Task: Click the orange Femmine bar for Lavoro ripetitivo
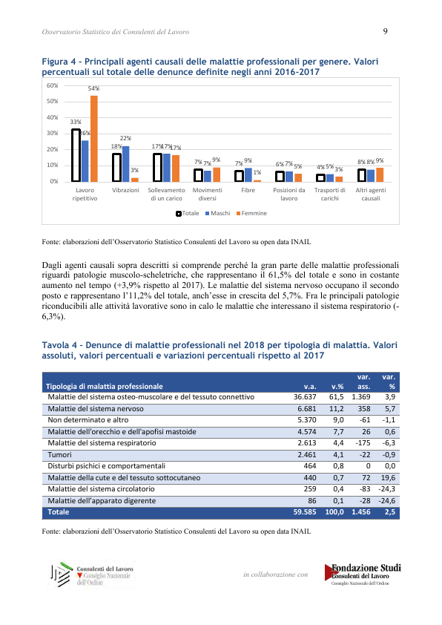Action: (x=94, y=139)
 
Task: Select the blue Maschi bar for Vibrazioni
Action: (x=125, y=164)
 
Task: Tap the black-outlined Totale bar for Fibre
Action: (x=239, y=176)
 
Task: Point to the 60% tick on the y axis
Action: (x=53, y=85)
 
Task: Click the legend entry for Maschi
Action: (x=218, y=213)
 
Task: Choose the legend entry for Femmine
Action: (x=251, y=213)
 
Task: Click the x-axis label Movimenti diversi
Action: (x=208, y=194)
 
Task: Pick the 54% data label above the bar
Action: (x=94, y=88)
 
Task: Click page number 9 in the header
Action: (x=385, y=31)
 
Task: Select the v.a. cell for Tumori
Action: (x=307, y=455)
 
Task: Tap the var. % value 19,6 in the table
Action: (x=387, y=477)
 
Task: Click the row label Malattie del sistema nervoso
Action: (x=96, y=408)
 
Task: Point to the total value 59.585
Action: (x=305, y=511)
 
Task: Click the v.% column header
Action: (x=337, y=386)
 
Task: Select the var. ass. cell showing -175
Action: (x=363, y=443)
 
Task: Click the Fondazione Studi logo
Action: (x=363, y=574)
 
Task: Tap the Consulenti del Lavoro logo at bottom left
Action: (x=92, y=575)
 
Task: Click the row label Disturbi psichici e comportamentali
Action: (x=106, y=466)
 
